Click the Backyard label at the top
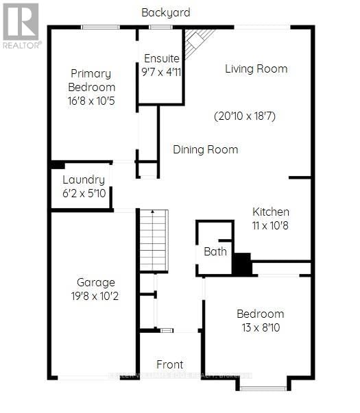pos(165,12)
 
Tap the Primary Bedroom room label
pos(92,80)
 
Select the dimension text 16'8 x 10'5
pos(92,100)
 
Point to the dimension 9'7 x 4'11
pos(161,72)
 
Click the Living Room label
pos(256,68)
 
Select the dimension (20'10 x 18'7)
pos(244,116)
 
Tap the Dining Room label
pos(205,149)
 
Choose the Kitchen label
pos(270,212)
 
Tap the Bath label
pos(215,251)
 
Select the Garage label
pos(95,282)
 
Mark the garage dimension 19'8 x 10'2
pos(95,297)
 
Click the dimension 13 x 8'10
pos(260,327)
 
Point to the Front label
pos(169,364)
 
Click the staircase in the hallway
pos(154,240)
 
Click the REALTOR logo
pos(21,25)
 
